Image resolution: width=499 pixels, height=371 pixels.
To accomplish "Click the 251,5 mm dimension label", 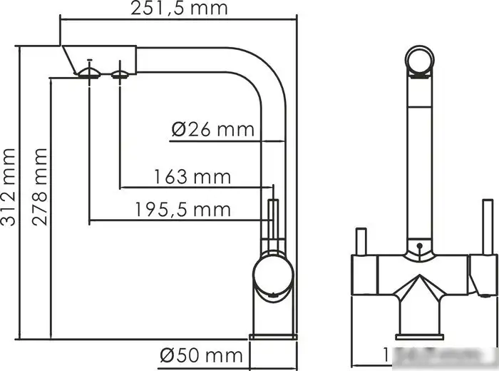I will coord(179,9).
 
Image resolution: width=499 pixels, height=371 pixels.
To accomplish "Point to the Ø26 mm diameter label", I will coord(213,129).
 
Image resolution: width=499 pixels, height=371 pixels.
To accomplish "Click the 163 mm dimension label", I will coord(192,176).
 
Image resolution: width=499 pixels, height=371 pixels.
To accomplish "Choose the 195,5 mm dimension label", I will coord(184,209).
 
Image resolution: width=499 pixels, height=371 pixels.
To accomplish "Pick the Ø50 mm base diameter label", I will coord(201,354).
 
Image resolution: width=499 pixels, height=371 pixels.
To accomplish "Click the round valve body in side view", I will coord(271,276).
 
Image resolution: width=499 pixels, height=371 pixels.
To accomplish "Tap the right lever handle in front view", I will coord(488,228).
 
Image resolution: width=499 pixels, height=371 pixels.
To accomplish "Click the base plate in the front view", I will coord(420,335).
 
